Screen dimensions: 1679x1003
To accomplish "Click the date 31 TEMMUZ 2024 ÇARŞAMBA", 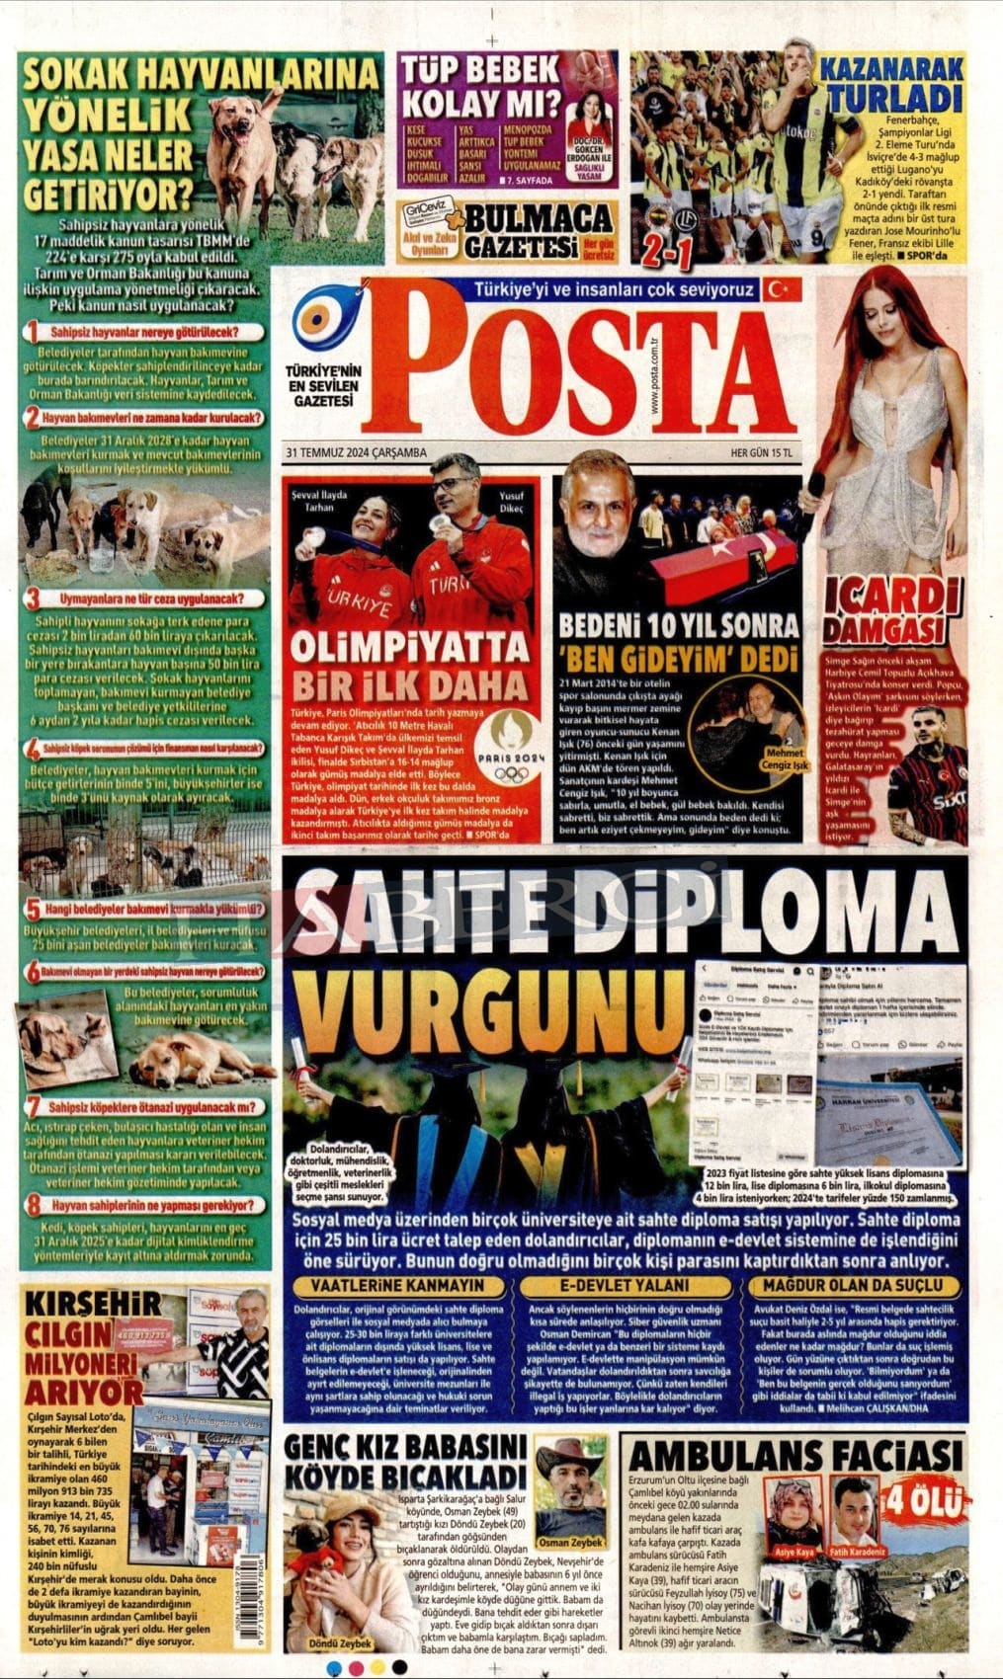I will pos(355,451).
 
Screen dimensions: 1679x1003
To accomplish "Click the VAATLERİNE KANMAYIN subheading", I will pos(397,1285).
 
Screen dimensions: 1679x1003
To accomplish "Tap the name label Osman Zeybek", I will pos(572,1542).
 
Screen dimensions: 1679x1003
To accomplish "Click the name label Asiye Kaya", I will pos(794,1552).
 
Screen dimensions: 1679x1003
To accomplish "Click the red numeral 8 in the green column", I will pos(35,1206).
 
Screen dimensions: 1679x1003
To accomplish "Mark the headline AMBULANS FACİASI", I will pos(795,1456).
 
